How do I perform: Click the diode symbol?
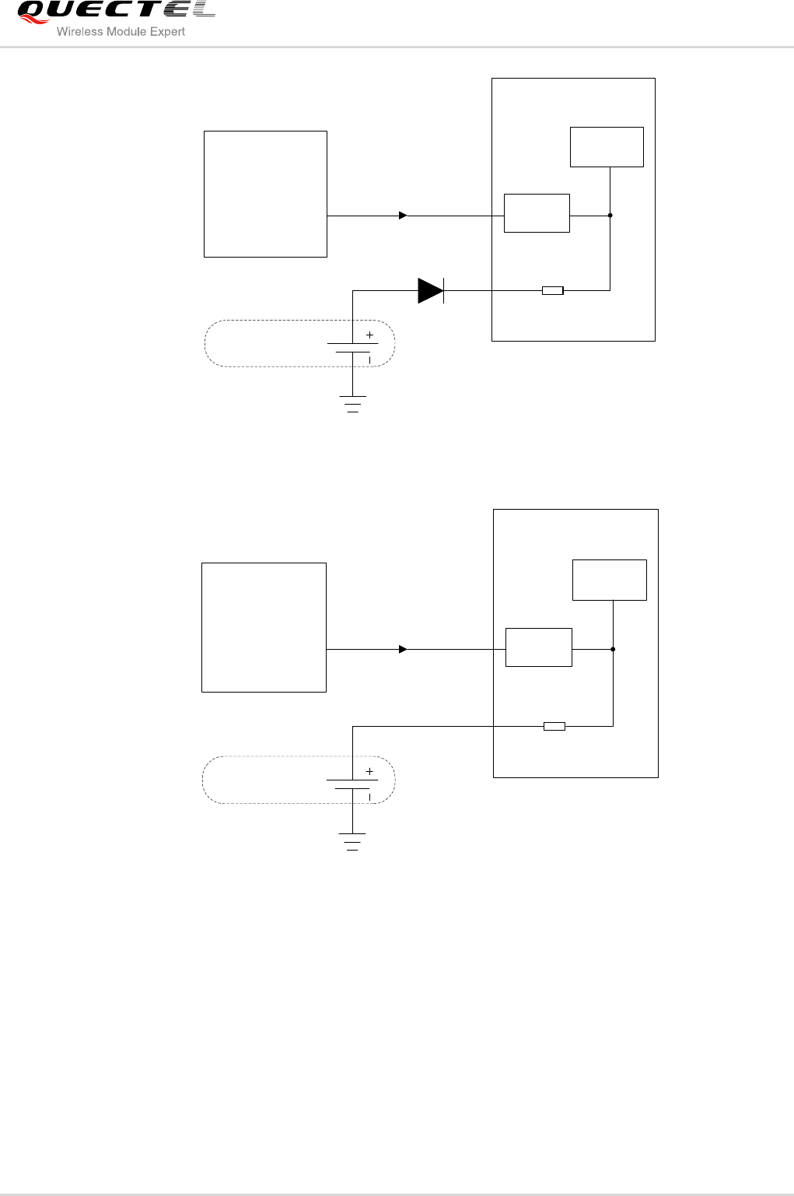click(431, 290)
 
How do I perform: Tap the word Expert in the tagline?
click(167, 32)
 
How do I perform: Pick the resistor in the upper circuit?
click(552, 291)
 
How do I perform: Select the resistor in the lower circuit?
click(554, 727)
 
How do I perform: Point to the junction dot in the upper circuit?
click(610, 216)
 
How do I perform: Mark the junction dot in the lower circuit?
click(613, 649)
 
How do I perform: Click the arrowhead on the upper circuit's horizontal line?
click(403, 216)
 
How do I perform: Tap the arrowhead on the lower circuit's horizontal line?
click(403, 649)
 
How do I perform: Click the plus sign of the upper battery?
click(369, 335)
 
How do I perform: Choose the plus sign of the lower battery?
click(369, 771)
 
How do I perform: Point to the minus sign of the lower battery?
click(369, 797)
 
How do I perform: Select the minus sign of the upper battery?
click(369, 360)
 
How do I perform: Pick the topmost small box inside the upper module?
click(607, 147)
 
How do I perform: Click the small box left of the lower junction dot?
click(538, 647)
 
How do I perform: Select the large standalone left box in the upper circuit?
click(265, 194)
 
